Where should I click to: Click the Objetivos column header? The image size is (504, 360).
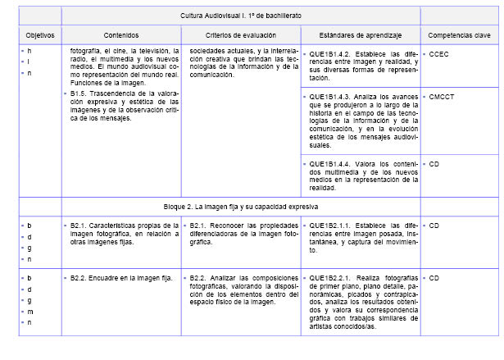tap(39, 36)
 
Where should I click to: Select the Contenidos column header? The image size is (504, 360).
tap(121, 36)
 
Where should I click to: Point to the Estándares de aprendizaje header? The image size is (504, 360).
tap(361, 36)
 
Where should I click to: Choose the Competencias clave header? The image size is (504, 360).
tap(458, 36)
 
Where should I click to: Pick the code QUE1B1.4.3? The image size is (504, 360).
tap(332, 97)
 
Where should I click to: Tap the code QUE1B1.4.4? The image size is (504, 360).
tap(332, 164)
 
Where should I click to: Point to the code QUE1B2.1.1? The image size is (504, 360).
tap(332, 224)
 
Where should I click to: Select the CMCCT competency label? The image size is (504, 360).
tap(441, 97)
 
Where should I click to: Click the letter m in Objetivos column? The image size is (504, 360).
tap(29, 312)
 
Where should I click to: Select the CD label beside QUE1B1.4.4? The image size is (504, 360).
tap(434, 164)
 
